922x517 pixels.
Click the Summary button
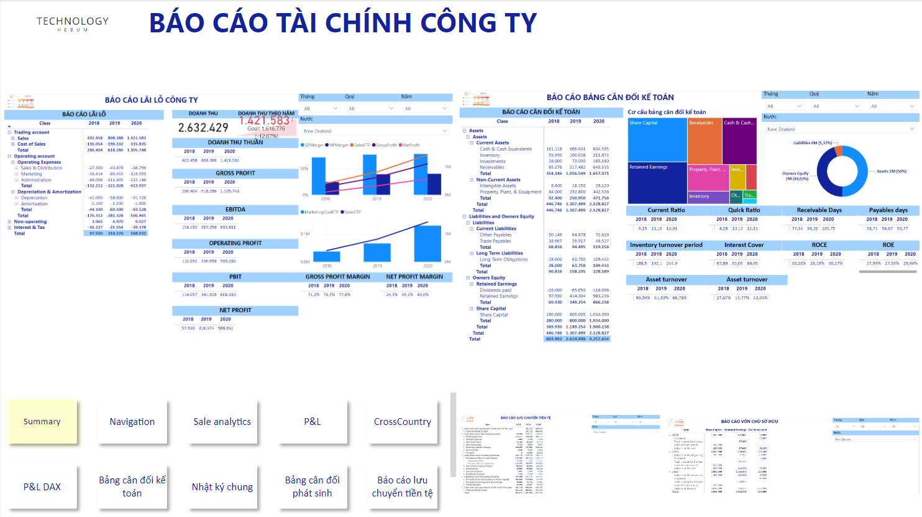point(42,422)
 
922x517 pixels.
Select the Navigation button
point(132,422)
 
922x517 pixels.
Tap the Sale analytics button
point(222,422)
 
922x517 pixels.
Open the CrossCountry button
point(402,422)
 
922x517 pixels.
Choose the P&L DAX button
point(42,487)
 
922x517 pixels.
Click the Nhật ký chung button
point(222,487)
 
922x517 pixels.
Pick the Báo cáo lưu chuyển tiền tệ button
point(402,487)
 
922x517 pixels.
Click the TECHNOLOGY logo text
point(72,22)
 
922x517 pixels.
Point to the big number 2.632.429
point(203,128)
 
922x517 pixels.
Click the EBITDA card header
point(235,210)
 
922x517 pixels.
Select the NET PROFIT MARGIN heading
point(414,277)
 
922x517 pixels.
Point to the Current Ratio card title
point(666,210)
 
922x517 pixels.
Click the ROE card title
point(888,245)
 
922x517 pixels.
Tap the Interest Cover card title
point(744,245)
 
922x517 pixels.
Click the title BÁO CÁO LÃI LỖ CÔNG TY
point(151,100)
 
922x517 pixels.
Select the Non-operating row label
point(30,221)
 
